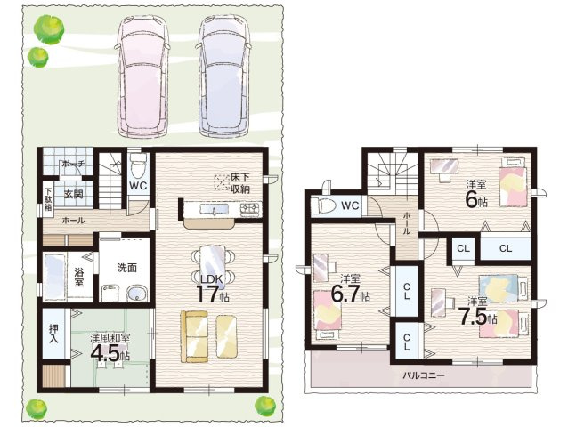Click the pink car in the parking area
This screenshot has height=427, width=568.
142,76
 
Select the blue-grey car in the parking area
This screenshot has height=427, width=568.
223,76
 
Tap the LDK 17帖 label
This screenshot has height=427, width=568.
212,288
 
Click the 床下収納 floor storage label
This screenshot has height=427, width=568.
240,183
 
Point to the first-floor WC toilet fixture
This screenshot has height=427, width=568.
138,164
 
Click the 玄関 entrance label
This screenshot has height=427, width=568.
74,194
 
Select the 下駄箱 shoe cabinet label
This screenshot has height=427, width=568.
48,199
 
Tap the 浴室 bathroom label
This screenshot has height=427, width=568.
79,277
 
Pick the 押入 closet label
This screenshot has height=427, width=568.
54,334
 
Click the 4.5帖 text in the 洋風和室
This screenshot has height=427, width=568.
110,352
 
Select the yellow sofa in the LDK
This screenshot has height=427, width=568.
194,336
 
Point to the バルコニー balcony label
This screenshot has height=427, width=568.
424,375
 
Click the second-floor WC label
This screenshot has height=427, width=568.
350,205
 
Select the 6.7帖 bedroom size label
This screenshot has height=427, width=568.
350,293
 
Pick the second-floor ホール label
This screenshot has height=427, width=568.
407,223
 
